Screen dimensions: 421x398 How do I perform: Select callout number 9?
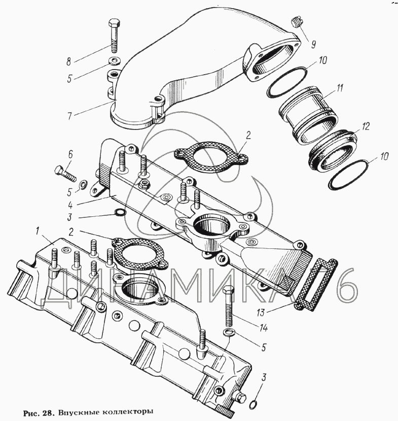(x=313, y=45)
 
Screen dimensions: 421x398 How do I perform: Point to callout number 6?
(x=70, y=153)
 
